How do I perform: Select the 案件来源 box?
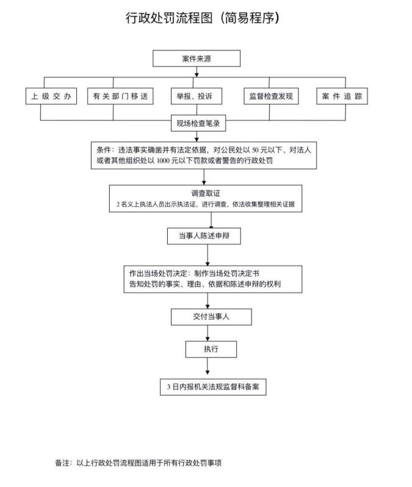197,59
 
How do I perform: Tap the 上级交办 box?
51,96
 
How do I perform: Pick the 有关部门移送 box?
120,96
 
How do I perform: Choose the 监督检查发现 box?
271,96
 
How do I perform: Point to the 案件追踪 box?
342,96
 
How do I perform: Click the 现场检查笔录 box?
197,124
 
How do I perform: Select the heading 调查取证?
205,194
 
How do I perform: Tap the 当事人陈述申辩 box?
204,236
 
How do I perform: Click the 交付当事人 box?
211,317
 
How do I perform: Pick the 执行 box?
211,349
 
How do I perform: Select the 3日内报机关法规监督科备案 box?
213,386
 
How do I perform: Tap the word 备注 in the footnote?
63,463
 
